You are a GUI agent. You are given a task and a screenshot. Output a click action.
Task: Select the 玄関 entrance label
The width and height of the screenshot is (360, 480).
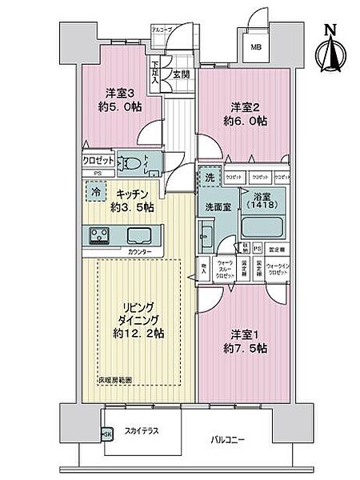[182, 77]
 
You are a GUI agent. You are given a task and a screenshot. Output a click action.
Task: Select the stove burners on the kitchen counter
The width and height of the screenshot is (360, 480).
[101, 235]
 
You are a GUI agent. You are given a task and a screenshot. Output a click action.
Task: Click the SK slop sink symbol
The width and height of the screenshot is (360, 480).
[107, 434]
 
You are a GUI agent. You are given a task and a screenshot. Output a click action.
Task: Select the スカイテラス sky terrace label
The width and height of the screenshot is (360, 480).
[140, 431]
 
